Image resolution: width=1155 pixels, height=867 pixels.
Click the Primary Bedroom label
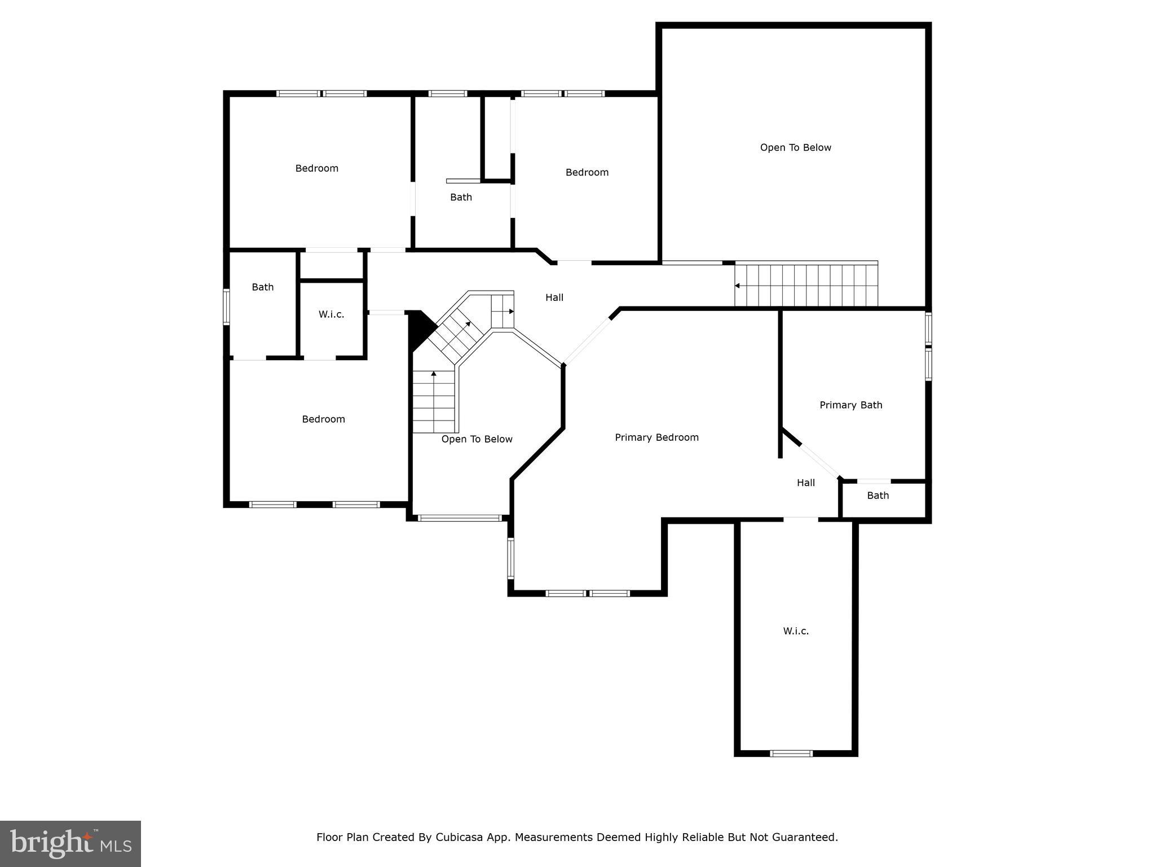tap(656, 437)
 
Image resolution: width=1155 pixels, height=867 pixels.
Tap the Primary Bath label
tap(850, 405)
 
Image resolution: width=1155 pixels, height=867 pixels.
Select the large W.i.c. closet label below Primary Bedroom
tap(796, 631)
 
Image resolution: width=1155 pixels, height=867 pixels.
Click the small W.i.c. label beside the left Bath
tap(331, 314)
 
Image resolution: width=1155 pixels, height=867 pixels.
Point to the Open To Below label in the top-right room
tap(795, 147)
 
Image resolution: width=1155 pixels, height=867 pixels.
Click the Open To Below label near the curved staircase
tap(477, 439)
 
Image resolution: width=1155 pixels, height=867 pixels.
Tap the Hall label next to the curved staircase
tap(554, 297)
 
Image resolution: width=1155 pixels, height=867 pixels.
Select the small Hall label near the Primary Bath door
tap(805, 483)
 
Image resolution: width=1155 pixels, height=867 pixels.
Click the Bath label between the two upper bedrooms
tap(461, 197)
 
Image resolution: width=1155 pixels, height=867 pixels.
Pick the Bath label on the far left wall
tap(262, 287)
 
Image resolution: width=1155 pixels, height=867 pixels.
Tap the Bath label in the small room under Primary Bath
tap(878, 496)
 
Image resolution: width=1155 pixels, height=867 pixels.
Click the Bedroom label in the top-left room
tap(316, 168)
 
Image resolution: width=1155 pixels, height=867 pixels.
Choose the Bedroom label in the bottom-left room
tap(323, 419)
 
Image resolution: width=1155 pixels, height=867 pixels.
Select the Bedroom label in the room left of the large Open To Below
tap(587, 172)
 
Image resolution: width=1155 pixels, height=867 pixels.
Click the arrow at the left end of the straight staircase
tap(737, 286)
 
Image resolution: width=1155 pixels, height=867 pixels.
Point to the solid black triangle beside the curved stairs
tap(419, 328)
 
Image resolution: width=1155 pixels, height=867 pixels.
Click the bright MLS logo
tap(70, 843)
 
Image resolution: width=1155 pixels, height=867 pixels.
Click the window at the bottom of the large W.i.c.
tap(791, 753)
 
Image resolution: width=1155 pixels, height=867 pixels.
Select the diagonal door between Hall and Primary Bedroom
tap(587, 341)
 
